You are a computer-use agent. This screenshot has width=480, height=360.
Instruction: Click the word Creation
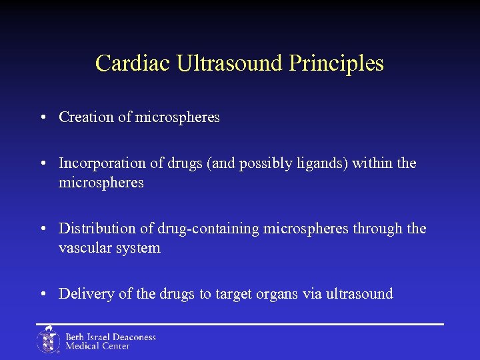(87, 117)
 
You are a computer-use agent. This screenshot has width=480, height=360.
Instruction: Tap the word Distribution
(97, 229)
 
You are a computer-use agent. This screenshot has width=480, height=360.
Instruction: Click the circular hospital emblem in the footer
(48, 340)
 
